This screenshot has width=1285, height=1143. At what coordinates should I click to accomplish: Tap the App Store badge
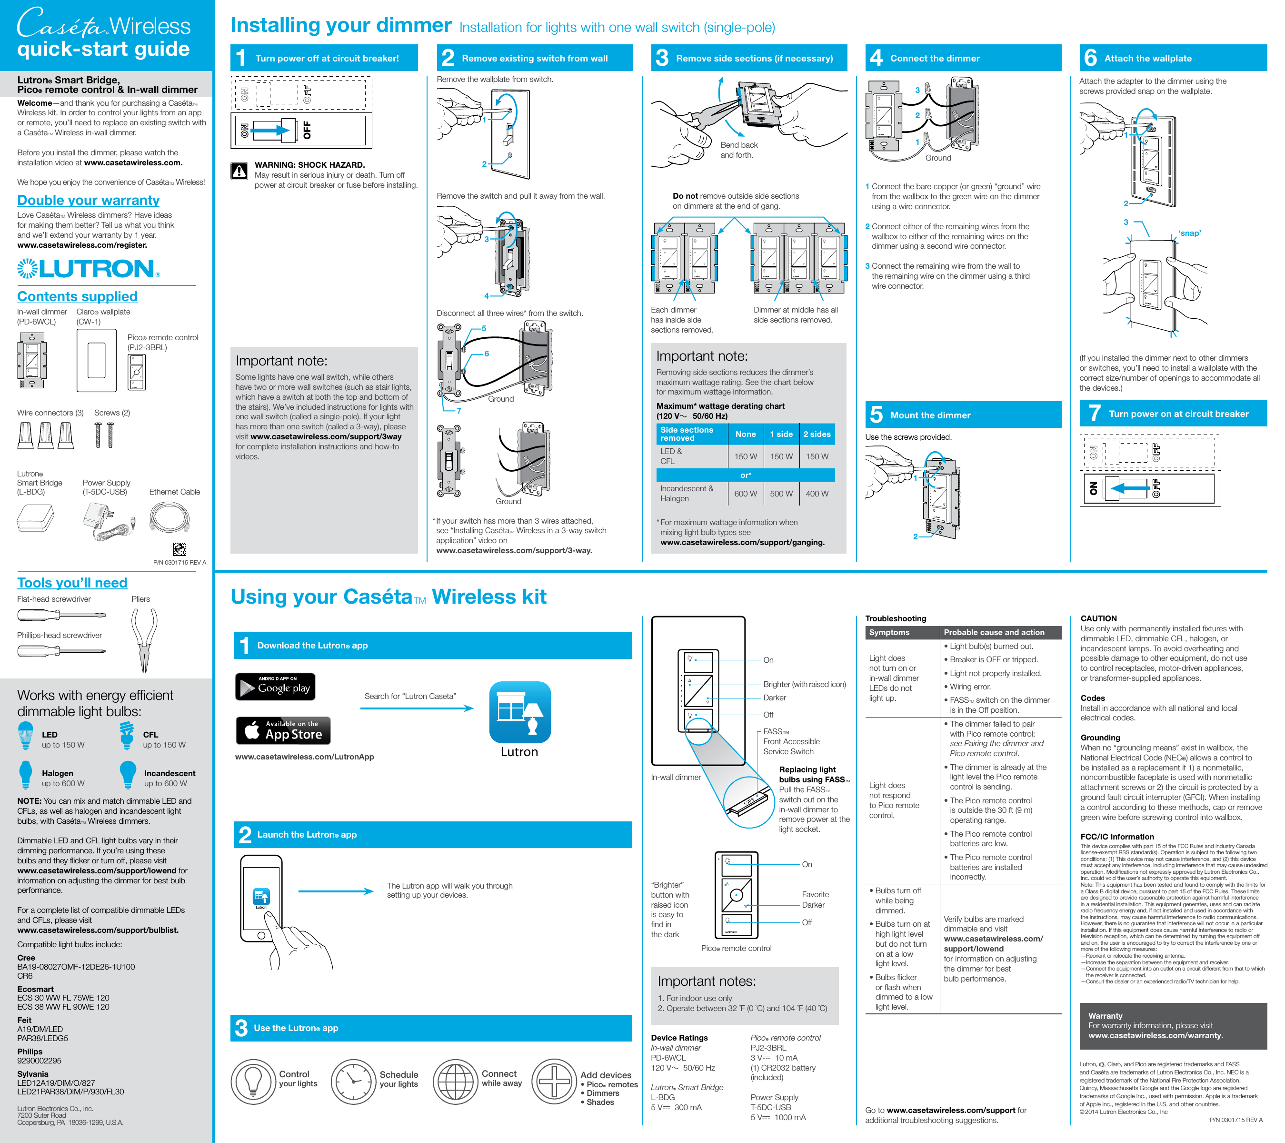(x=283, y=730)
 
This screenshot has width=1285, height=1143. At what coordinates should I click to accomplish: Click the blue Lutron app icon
(x=520, y=712)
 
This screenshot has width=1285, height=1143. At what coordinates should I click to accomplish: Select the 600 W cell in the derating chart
(x=745, y=494)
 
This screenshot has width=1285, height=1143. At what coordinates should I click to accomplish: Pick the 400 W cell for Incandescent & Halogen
(x=817, y=494)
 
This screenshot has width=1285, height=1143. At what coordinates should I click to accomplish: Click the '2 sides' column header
(x=817, y=434)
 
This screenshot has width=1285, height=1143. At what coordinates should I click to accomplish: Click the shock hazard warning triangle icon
(x=239, y=171)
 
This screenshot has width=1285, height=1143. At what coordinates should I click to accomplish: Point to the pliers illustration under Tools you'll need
(x=144, y=638)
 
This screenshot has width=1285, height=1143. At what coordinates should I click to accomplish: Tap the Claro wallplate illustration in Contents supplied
(x=96, y=361)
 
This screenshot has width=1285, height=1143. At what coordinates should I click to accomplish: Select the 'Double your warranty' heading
(x=88, y=200)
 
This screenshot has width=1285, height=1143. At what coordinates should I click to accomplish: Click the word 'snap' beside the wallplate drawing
(x=1189, y=233)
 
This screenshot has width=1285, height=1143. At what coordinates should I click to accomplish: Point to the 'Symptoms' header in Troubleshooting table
(x=889, y=632)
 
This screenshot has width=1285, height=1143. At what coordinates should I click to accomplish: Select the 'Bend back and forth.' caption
(x=739, y=150)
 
